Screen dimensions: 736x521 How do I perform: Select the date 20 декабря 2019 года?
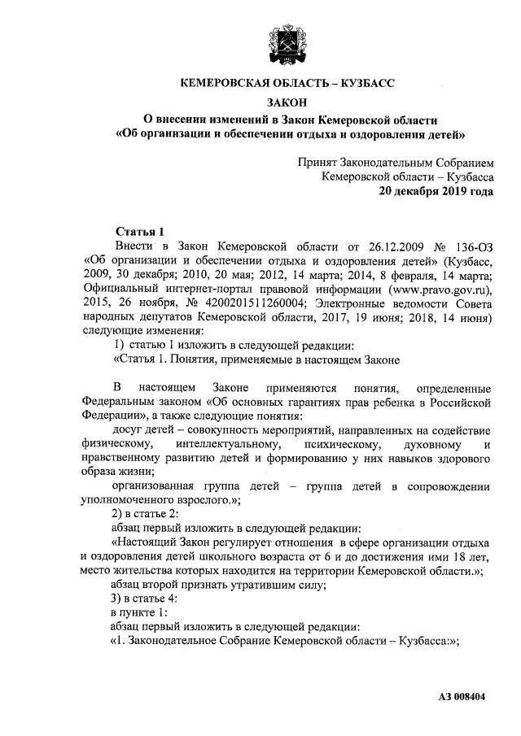pos(436,193)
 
